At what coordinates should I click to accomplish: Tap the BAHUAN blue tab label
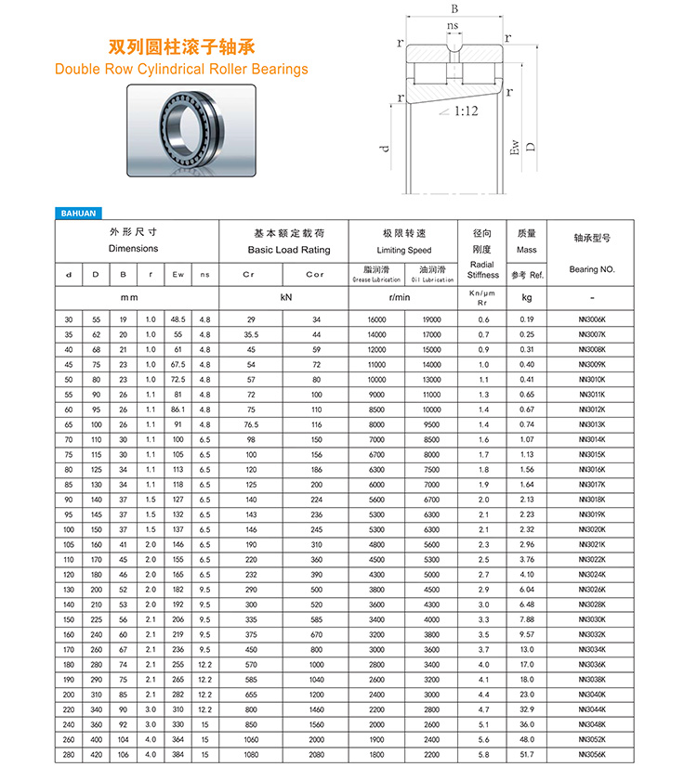(78, 213)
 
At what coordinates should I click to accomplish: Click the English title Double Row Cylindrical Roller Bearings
(181, 69)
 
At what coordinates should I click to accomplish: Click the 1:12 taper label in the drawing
(466, 110)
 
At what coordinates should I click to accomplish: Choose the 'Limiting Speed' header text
(403, 251)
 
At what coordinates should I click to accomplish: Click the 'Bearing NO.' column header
(592, 269)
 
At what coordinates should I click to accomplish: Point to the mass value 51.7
(527, 756)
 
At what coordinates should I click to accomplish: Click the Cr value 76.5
(250, 425)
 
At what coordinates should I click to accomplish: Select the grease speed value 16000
(376, 319)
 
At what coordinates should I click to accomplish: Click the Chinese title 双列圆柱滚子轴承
(181, 45)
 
